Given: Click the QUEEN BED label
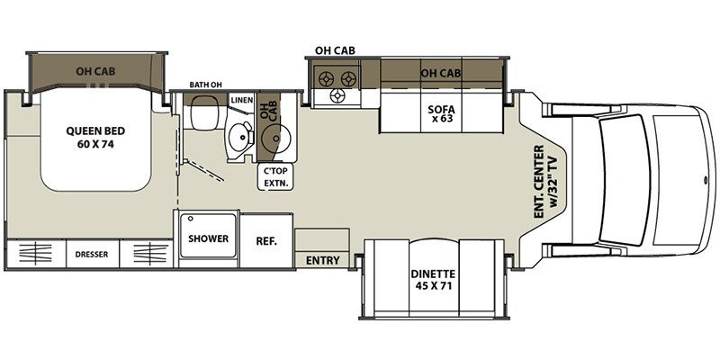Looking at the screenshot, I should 94,129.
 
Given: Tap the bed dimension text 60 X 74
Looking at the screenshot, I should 94,143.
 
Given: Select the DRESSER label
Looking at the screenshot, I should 92,254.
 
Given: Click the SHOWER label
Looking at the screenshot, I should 208,239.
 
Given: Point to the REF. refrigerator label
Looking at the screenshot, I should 265,240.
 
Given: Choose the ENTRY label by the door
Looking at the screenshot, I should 323,261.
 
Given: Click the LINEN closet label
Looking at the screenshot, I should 240,99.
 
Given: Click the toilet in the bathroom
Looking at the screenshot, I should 202,112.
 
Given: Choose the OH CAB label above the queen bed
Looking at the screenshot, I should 99,69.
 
